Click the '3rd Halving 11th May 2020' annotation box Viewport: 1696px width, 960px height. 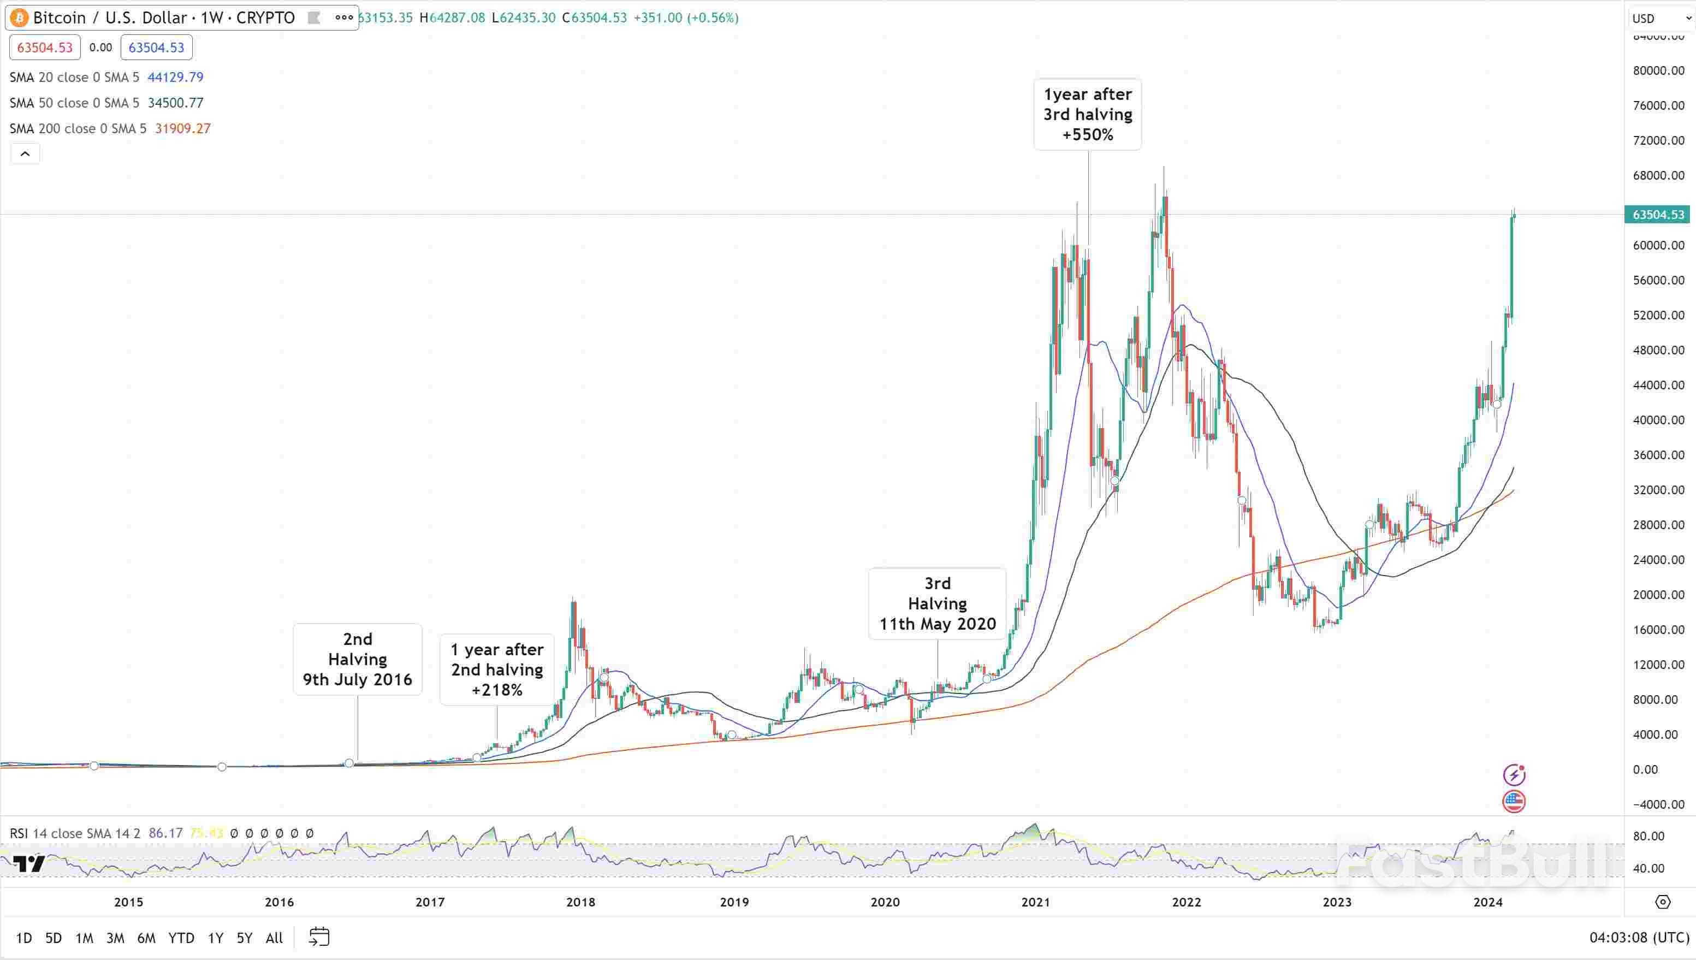click(x=938, y=603)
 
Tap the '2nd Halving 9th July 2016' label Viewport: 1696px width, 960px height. click(x=357, y=659)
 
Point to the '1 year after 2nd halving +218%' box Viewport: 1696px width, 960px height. click(x=497, y=669)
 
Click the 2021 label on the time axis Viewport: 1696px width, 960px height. click(x=1035, y=902)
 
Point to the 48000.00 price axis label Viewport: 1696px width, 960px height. click(x=1658, y=350)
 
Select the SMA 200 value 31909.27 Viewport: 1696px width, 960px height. click(x=182, y=128)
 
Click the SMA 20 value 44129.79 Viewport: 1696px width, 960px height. click(x=175, y=77)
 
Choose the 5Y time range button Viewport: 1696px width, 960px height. click(x=244, y=938)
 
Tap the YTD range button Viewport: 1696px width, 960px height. click(x=181, y=938)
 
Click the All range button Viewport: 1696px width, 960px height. click(x=274, y=938)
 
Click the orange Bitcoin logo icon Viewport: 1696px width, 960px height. click(x=19, y=18)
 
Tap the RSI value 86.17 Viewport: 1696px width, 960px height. click(x=165, y=833)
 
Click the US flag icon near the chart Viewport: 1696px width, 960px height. click(x=1514, y=802)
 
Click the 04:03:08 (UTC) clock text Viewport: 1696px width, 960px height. click(x=1639, y=938)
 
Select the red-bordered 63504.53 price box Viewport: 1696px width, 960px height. click(x=45, y=48)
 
